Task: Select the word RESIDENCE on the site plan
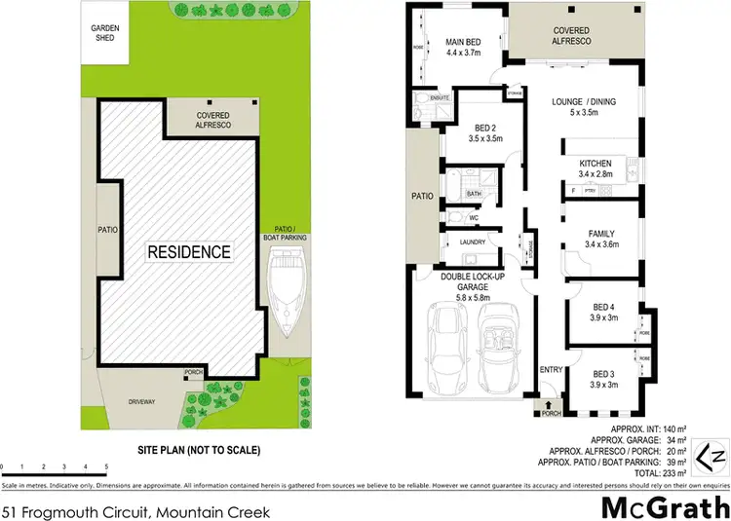pos(189,252)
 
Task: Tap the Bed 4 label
pos(603,312)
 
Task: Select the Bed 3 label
pos(603,378)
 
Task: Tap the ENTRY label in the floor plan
pos(551,368)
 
